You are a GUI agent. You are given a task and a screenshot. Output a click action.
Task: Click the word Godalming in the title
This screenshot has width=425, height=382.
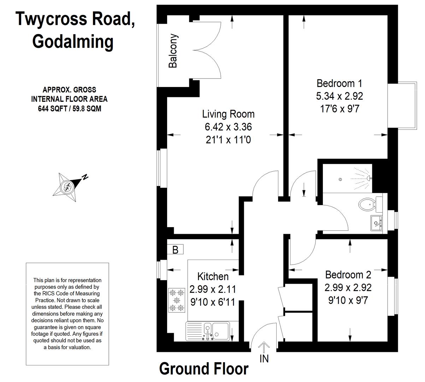[x=73, y=43]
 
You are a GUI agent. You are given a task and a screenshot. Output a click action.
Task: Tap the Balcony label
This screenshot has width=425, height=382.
[x=173, y=51]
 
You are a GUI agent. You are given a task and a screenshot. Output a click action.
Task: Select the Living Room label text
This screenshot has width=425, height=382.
[x=228, y=114]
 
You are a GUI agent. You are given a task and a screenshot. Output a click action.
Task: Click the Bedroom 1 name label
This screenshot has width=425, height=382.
[x=340, y=83]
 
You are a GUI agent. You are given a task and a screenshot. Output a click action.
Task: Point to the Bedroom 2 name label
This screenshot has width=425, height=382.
[x=348, y=275]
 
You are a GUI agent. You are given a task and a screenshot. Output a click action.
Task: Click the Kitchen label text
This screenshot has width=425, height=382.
[x=213, y=277]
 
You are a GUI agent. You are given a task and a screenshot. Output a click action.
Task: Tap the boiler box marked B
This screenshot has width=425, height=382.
[x=175, y=249]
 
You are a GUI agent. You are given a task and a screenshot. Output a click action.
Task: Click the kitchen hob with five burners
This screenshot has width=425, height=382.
[x=177, y=300]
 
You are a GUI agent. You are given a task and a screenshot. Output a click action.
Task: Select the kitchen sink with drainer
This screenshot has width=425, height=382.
[x=208, y=331]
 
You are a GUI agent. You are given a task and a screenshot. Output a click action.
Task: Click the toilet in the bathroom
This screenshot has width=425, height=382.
[x=370, y=204]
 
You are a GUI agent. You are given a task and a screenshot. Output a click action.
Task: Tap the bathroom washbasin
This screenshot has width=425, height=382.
[x=376, y=223]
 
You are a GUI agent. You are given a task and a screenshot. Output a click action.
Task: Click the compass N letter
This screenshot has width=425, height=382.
[x=85, y=177]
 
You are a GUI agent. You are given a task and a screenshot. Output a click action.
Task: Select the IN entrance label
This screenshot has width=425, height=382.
[x=264, y=359]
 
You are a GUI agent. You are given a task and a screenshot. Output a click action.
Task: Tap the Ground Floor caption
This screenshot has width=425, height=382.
[x=204, y=369]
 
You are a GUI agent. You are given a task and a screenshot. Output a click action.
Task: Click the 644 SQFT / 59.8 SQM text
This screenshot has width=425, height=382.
[x=70, y=109]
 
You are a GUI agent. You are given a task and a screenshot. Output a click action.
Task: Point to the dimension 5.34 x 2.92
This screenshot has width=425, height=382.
[x=340, y=96]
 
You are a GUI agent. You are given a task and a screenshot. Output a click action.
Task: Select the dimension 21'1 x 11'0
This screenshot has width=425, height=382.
[x=228, y=140]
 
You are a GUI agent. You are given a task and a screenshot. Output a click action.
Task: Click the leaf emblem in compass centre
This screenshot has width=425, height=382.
[x=67, y=187]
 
